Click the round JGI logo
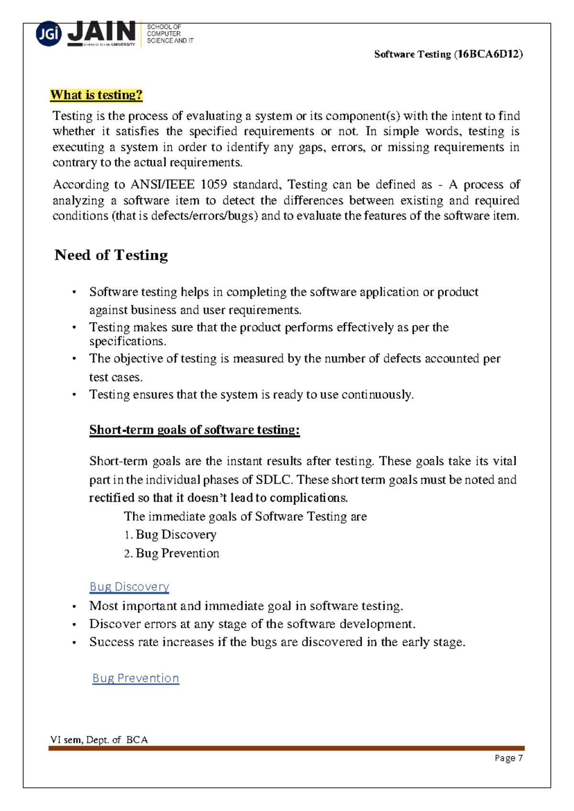(49, 34)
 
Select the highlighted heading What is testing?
(97, 95)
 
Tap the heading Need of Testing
(111, 255)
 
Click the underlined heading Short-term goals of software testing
(194, 429)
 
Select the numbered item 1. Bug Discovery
(171, 535)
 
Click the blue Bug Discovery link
(129, 587)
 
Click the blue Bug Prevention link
(136, 678)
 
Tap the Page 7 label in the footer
(508, 758)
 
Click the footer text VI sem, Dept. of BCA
(99, 740)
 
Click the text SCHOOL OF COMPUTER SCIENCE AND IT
(170, 34)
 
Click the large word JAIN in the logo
(102, 32)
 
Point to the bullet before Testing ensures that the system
(74, 395)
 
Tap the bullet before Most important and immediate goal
(74, 606)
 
